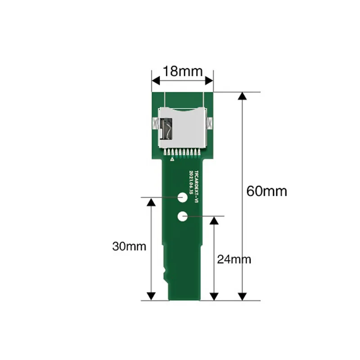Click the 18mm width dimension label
point(182,71)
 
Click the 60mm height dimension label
point(266,191)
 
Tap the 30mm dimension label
point(129,246)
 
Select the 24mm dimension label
point(234,259)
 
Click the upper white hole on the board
point(183,197)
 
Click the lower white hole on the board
point(183,216)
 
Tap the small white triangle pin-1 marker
point(171,158)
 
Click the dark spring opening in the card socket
point(166,128)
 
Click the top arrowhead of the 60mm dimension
point(242,96)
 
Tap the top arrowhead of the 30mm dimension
point(152,201)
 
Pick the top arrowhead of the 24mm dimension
point(215,220)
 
